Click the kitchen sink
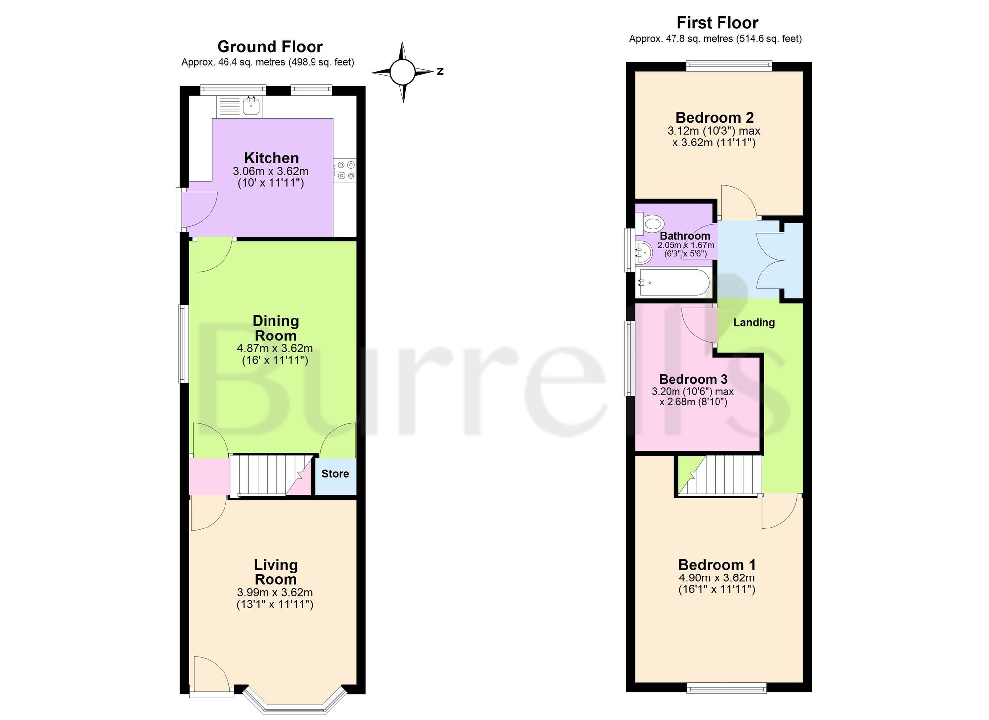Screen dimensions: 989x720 [252, 106]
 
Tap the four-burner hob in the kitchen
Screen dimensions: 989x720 [345, 170]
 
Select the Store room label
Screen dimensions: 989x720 [335, 474]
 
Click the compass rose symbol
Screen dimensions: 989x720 [403, 72]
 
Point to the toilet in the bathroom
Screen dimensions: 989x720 [649, 224]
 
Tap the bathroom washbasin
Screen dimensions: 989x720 [643, 252]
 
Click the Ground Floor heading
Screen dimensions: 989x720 [270, 47]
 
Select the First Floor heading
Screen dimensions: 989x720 [717, 23]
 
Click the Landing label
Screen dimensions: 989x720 [754, 323]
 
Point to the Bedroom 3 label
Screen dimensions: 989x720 [693, 379]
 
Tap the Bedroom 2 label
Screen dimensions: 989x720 [715, 118]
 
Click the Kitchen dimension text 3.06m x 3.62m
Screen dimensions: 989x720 [270, 171]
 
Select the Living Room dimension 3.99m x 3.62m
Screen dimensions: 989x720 [275, 592]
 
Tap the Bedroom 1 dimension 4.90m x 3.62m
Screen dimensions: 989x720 [717, 578]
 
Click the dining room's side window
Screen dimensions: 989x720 [183, 343]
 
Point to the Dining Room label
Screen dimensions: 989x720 [275, 328]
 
